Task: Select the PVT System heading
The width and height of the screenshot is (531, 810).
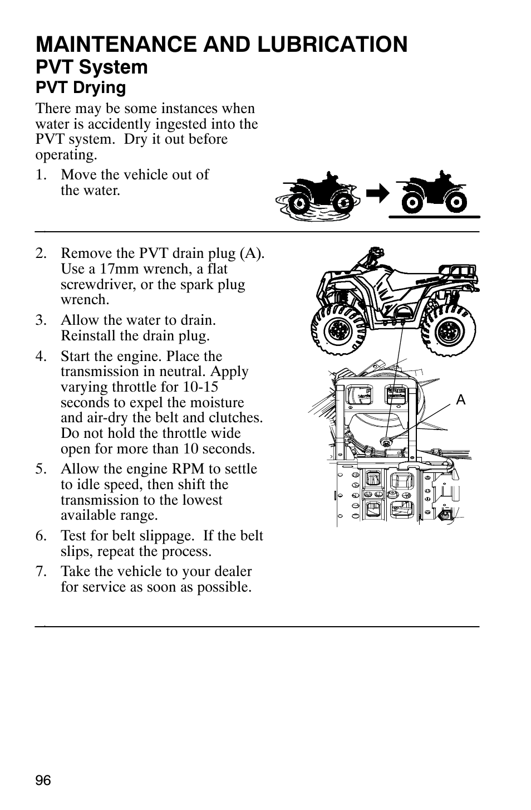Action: (92, 67)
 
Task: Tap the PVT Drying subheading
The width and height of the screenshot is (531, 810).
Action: (81, 87)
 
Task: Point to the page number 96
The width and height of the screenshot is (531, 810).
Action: (43, 780)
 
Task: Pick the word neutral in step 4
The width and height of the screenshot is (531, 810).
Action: (196, 372)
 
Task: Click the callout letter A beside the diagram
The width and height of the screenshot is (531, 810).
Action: (460, 400)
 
